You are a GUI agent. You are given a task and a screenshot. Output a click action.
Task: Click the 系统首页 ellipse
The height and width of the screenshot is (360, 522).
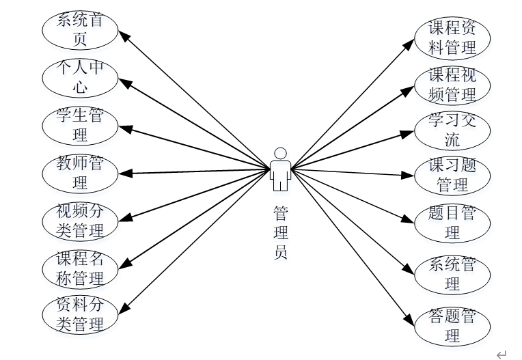[80, 30]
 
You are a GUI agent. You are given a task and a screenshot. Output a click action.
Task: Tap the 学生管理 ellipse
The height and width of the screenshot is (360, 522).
[80, 126]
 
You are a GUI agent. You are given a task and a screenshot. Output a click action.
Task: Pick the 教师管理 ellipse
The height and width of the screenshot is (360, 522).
[80, 174]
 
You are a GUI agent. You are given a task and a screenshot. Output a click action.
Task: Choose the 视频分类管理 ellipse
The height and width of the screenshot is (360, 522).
[80, 221]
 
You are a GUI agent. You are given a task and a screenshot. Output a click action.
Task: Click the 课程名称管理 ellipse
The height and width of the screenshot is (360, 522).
[80, 268]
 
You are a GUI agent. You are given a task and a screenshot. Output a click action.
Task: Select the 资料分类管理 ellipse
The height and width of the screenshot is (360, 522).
[80, 314]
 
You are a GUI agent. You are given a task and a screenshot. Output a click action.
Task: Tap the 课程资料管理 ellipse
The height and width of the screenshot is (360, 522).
[452, 38]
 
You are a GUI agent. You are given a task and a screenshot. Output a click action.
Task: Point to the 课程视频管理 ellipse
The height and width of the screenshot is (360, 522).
[452, 85]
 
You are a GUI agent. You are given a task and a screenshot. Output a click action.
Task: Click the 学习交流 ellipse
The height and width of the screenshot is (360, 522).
[452, 130]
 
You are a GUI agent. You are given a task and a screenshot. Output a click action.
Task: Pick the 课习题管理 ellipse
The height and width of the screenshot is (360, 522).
[452, 176]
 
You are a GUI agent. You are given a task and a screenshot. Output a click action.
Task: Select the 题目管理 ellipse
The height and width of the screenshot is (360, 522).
[452, 223]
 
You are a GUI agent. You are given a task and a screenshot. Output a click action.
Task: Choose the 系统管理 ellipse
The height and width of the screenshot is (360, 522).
[452, 274]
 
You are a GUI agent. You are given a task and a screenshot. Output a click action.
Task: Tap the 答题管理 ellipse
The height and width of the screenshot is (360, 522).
[452, 326]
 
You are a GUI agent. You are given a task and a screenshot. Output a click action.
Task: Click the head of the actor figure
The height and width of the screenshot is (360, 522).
[280, 153]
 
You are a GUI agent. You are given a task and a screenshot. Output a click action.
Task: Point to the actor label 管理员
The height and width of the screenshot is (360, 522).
[280, 232]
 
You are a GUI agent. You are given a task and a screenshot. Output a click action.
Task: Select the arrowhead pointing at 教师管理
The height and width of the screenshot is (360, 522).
[123, 173]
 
